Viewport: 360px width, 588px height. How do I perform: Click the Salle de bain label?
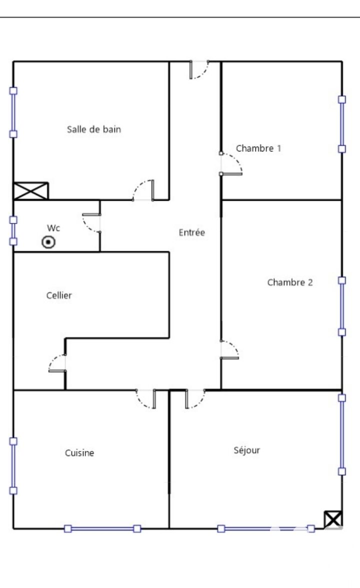[x=94, y=129]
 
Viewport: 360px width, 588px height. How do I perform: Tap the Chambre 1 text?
[x=258, y=148]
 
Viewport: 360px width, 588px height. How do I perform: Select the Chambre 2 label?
[x=290, y=282]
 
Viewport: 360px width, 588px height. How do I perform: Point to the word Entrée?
[x=191, y=232]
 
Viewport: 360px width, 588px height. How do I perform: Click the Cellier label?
[x=59, y=295]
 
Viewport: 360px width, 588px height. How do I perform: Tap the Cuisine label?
[x=79, y=453]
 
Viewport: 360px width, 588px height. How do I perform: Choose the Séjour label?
[x=247, y=450]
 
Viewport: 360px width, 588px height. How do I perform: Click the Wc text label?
[x=53, y=228]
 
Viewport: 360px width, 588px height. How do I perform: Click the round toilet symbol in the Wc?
[x=48, y=242]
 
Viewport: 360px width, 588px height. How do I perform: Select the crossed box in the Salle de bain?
[x=31, y=191]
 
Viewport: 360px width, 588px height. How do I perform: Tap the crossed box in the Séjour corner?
[x=333, y=520]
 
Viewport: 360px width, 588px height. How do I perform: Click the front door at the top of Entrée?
[x=199, y=70]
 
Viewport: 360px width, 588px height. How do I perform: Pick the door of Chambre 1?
[x=231, y=164]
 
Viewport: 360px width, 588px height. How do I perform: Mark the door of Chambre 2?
[x=229, y=349]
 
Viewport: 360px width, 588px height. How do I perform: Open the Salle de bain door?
[x=143, y=190]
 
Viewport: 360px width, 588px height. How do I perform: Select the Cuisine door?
[x=146, y=399]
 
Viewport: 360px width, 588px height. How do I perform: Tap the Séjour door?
[x=195, y=399]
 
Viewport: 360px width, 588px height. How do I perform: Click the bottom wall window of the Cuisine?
[x=102, y=529]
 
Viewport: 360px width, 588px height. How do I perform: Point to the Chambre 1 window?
[x=342, y=124]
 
